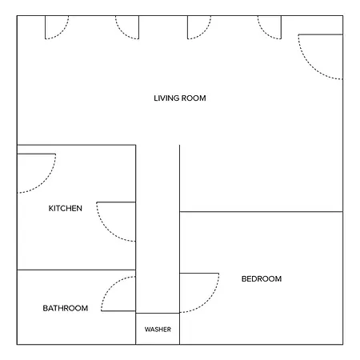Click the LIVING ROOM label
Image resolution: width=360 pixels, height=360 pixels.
[180, 98]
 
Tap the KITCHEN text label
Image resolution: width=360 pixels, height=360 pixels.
[66, 208]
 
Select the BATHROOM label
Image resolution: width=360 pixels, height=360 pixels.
[66, 308]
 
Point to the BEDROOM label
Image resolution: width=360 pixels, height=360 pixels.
[262, 279]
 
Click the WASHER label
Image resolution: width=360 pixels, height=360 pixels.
[158, 330]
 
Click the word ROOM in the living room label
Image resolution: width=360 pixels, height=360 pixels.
[194, 98]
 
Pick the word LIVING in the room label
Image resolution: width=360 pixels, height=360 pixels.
[166, 98]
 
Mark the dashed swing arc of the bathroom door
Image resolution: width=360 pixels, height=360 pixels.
[111, 286]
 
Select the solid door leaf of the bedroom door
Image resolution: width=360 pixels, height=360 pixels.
[199, 273]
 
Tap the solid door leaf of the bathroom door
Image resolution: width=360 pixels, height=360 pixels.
[118, 311]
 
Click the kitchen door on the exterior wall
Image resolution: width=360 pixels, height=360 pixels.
[45, 182]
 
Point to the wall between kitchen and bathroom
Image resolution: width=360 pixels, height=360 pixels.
[76, 270]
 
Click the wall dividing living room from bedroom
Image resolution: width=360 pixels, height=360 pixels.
[261, 212]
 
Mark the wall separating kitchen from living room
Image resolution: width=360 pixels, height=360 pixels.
[76, 145]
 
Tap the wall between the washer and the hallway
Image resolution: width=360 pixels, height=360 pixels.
[158, 313]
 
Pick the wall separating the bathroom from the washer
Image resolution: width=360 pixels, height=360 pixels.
[136, 329]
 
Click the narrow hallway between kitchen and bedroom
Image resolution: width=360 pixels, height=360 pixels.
[158, 230]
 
